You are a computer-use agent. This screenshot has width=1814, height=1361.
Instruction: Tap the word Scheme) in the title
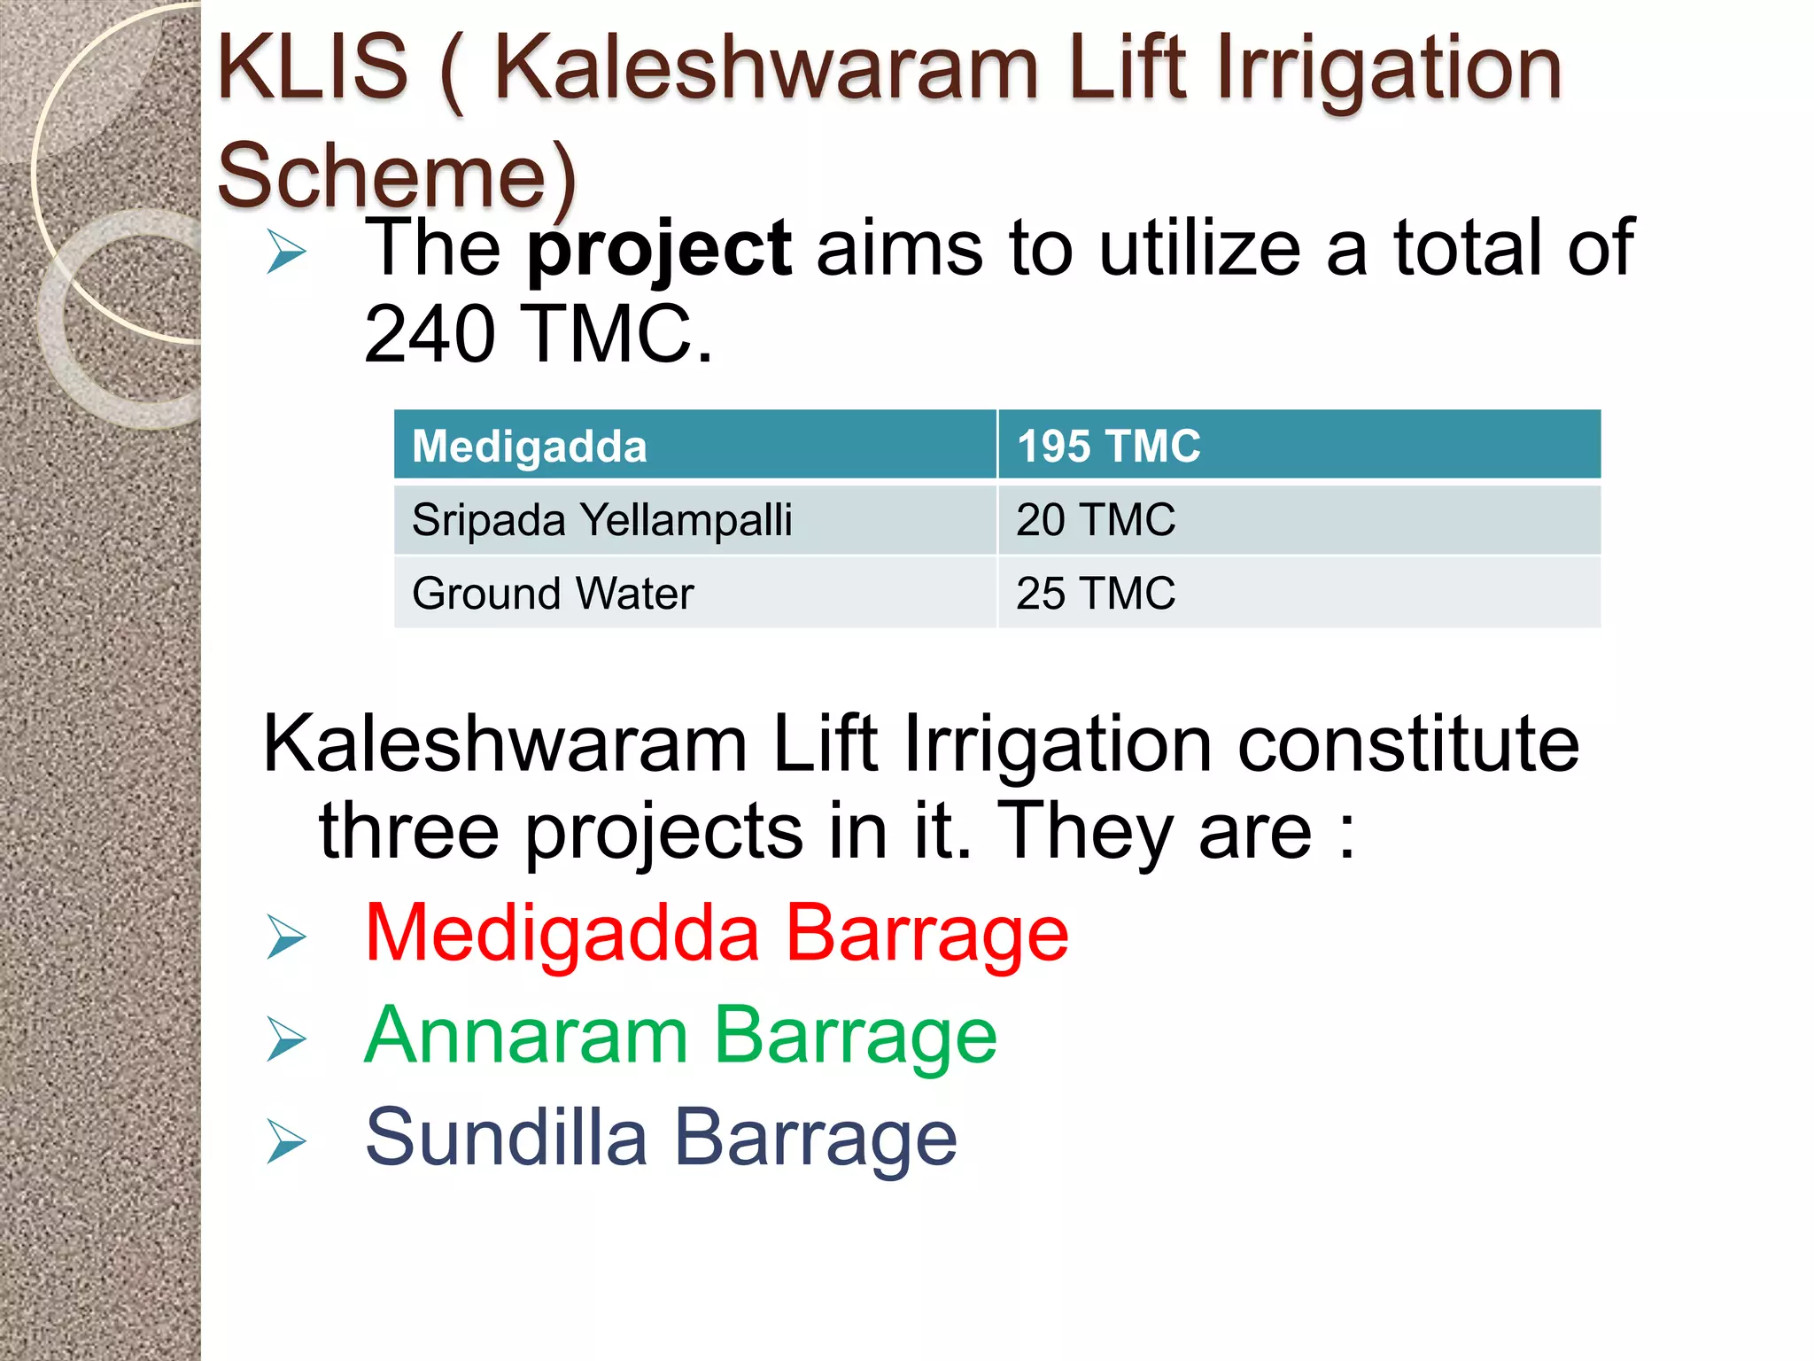397,175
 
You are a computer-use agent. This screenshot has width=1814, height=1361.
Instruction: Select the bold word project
659,250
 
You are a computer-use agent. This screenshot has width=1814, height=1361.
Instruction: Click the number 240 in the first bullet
430,335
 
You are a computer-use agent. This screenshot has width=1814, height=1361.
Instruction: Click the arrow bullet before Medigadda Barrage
286,937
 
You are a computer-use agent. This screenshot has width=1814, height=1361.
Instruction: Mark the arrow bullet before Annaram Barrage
286,1039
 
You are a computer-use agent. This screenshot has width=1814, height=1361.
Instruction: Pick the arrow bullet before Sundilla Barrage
286,1141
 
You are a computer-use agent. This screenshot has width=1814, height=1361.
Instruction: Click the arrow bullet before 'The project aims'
286,252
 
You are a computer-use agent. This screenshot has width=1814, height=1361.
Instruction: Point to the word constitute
1407,744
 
